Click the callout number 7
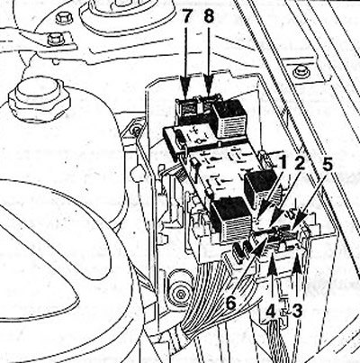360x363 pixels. [186, 17]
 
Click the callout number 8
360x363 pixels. [209, 17]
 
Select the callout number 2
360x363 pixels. [300, 164]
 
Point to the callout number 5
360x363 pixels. [327, 164]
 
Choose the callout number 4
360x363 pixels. [271, 313]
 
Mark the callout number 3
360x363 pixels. [297, 313]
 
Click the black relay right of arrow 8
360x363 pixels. [231, 118]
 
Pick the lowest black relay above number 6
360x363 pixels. [230, 218]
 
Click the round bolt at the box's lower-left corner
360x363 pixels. [181, 293]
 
